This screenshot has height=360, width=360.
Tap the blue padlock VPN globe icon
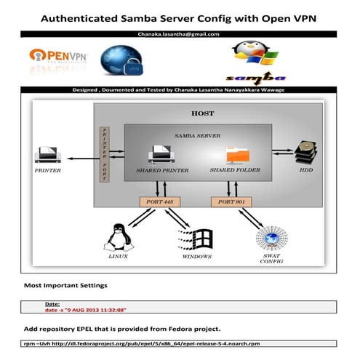tap(121, 59)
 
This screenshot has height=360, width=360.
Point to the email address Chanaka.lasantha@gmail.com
tap(180, 33)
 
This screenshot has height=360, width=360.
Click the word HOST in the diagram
tap(201, 113)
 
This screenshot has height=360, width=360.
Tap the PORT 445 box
tap(159, 201)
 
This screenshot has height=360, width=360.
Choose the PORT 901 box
tap(231, 201)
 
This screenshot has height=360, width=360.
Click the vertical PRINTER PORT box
tap(104, 153)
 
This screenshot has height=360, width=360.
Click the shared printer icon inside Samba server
tap(161, 153)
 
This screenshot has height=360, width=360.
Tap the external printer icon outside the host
tap(47, 154)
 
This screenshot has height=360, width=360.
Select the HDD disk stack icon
tap(307, 153)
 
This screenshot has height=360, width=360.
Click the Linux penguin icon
tap(116, 237)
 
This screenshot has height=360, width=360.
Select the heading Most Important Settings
tap(65, 285)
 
